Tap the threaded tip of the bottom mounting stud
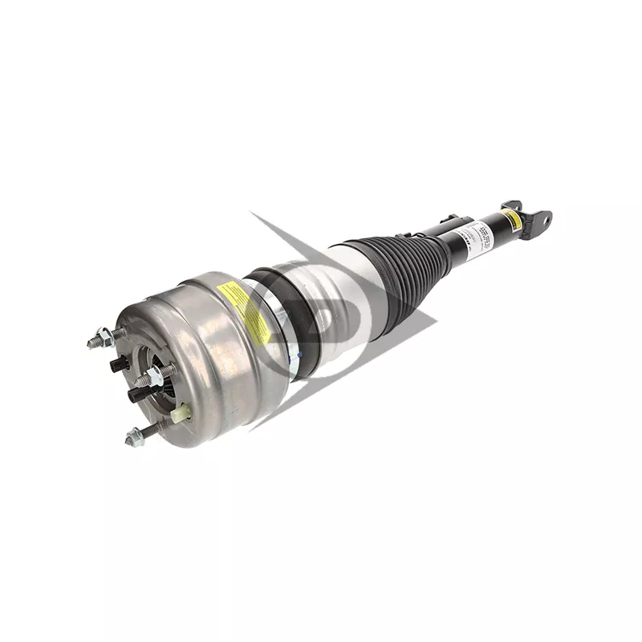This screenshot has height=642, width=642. point(129,441)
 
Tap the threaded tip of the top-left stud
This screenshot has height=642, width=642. point(92,343)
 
